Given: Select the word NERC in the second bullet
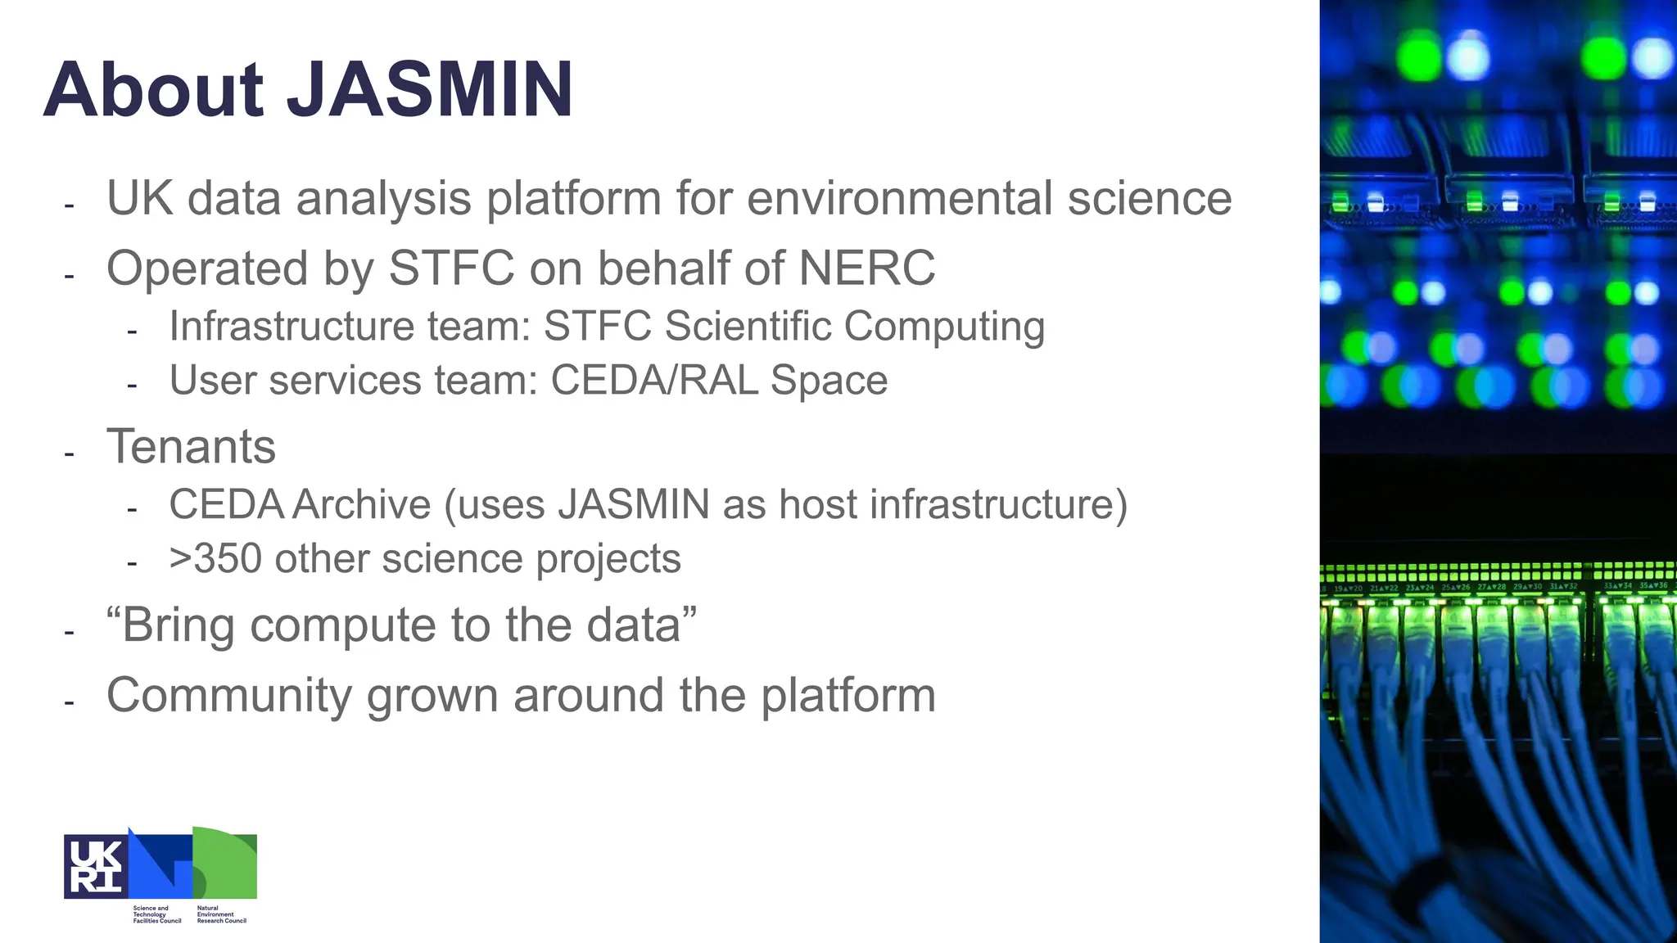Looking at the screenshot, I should tap(866, 268).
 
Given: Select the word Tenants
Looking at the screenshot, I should tap(191, 447).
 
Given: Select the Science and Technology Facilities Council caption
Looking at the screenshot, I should tap(156, 914).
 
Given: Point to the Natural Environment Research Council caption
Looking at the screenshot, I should tap(221, 914).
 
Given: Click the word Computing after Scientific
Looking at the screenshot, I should tap(944, 326).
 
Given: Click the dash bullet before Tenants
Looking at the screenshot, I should tap(70, 453).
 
